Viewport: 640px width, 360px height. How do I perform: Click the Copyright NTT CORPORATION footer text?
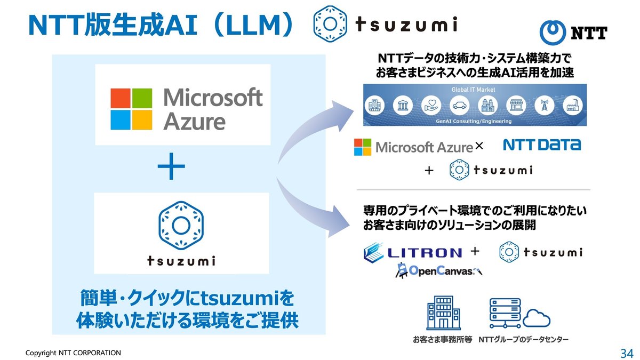(74, 353)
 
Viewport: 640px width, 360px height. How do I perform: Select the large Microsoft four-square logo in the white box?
(131, 109)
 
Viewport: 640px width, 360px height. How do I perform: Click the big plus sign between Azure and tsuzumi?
(171, 169)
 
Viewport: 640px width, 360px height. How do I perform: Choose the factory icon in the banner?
(571, 106)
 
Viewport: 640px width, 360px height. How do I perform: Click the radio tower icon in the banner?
(543, 106)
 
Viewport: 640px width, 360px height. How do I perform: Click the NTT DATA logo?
(542, 145)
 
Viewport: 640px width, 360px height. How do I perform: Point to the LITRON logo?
(412, 253)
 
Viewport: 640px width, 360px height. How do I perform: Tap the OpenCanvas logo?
(438, 270)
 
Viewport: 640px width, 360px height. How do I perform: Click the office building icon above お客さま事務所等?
(443, 314)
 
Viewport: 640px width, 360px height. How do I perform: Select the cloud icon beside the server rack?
(536, 319)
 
